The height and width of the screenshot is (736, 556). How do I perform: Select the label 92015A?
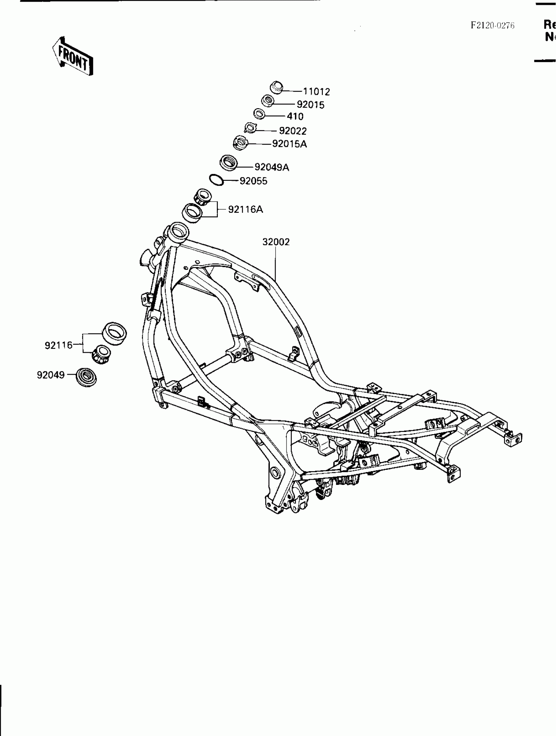(289, 144)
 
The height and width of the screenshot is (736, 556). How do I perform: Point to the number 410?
(295, 116)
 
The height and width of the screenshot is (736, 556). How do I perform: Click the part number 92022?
(292, 131)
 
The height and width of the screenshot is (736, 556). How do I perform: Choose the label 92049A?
(271, 167)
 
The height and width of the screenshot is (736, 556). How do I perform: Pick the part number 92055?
(253, 181)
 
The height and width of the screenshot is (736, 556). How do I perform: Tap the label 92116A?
(245, 210)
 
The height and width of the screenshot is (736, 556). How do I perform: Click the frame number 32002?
(276, 242)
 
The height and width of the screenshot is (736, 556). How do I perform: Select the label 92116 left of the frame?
(59, 345)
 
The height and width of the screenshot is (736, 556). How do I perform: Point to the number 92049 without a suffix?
(51, 375)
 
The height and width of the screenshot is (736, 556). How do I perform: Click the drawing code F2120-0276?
(492, 26)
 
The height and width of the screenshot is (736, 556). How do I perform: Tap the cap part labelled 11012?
(276, 87)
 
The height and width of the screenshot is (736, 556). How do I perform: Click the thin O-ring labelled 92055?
(216, 180)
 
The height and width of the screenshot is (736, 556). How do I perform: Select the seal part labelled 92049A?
(229, 163)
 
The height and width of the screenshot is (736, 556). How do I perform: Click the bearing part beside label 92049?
(86, 377)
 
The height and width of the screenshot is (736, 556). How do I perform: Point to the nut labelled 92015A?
(241, 143)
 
